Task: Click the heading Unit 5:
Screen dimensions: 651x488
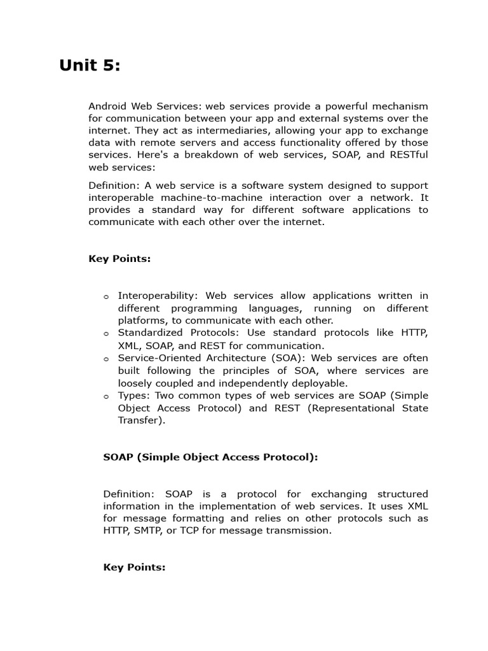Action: tap(90, 65)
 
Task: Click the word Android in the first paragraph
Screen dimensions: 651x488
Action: tap(108, 106)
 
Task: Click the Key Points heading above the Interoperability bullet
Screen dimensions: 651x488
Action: tap(119, 259)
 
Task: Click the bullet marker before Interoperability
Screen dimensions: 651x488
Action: tap(106, 297)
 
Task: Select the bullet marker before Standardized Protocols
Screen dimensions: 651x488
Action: tap(106, 334)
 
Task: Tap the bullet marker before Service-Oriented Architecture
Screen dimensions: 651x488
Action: tap(106, 359)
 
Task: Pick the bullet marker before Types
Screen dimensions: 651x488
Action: tap(106, 396)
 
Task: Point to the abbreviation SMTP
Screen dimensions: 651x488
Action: tap(145, 531)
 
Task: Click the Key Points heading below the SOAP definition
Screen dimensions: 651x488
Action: tap(134, 567)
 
